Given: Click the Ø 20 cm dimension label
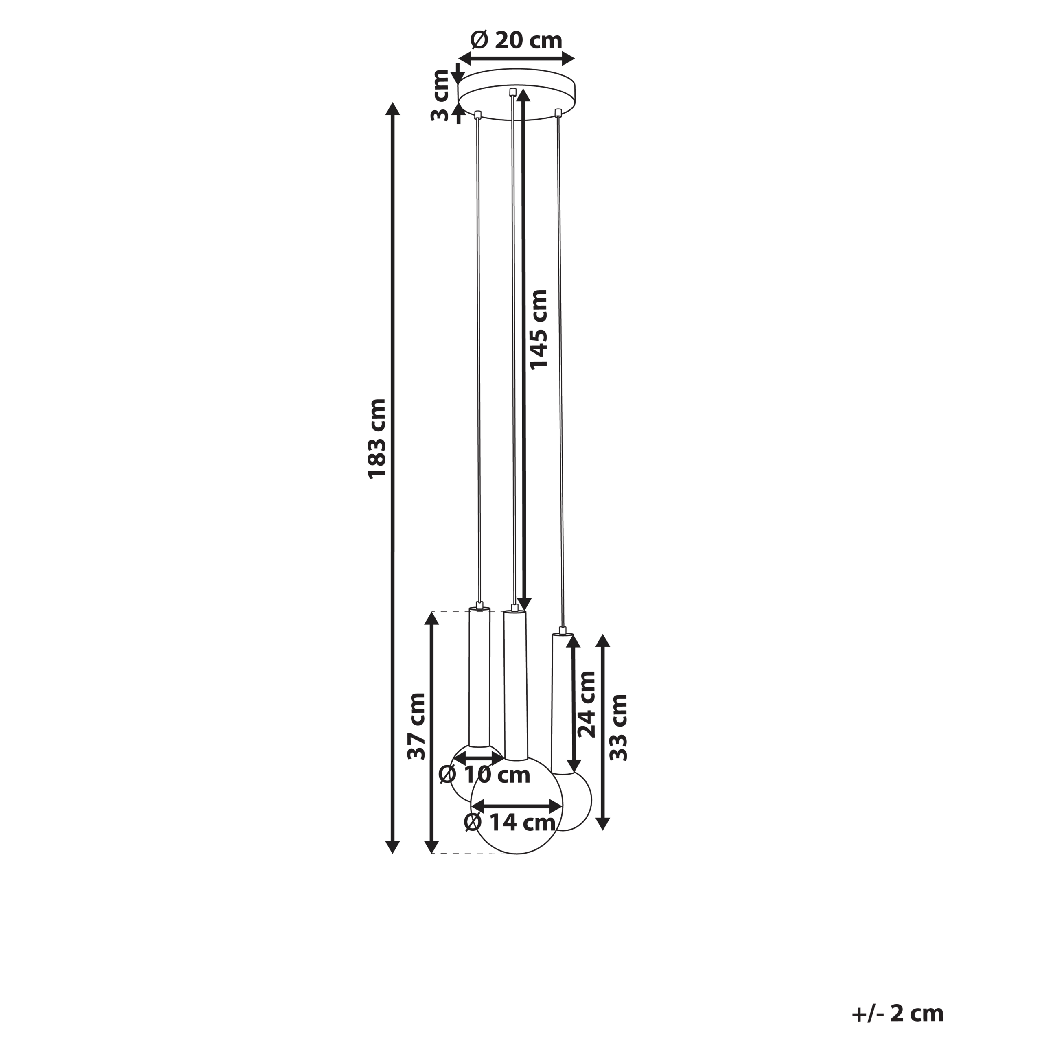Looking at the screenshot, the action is tap(516, 40).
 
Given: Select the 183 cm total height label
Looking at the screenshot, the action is tap(377, 438).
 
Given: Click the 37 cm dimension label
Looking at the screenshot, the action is tap(416, 727).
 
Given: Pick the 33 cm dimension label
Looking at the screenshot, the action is tap(618, 727).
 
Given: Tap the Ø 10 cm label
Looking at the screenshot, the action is tap(484, 775).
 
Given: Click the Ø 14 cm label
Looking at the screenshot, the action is tap(510, 823).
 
